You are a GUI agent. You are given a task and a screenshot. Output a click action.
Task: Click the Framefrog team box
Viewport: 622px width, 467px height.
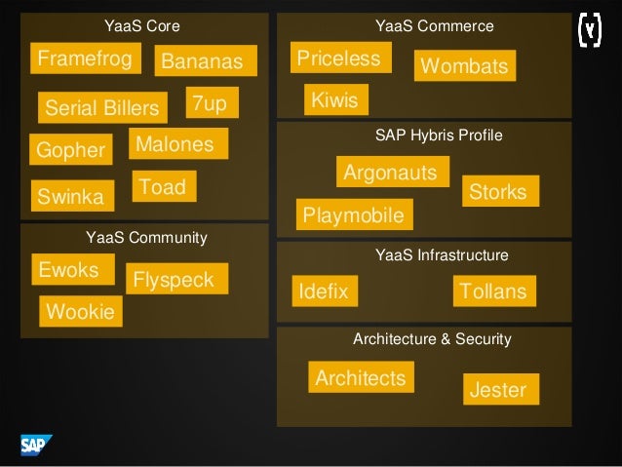coord(86,58)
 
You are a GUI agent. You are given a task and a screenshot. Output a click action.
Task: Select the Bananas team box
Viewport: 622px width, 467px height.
coord(204,61)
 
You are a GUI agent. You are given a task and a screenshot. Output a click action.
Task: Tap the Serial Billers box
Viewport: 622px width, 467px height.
coord(102,108)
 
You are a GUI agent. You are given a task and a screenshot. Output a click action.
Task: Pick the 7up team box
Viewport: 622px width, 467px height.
coord(209,103)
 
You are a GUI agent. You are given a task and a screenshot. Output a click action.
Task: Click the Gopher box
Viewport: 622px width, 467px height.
coord(71,150)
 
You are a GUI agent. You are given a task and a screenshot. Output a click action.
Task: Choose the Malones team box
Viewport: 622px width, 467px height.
coord(177,144)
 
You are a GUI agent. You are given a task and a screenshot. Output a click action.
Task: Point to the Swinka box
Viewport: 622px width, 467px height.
coord(71,197)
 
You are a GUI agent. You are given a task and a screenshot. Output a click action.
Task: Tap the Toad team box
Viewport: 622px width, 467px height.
coord(164,186)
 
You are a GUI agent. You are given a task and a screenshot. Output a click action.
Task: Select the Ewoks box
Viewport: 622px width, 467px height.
coord(68,269)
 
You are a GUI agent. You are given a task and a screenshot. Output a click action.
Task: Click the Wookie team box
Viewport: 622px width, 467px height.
coord(80,312)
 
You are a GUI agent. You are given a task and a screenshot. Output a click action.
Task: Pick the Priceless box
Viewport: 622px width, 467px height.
coord(339,58)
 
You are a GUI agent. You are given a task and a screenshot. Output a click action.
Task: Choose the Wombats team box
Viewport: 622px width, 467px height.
coord(464,66)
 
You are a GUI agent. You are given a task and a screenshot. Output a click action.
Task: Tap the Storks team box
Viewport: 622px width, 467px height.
coord(498,191)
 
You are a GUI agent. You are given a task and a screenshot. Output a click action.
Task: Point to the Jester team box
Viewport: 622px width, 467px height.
coord(498,390)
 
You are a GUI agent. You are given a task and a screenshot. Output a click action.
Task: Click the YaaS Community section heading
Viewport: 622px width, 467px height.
coord(145,237)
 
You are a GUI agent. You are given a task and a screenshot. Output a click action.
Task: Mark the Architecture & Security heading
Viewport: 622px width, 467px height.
coord(432,339)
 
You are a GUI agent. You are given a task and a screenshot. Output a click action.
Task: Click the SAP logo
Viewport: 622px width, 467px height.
coord(36,447)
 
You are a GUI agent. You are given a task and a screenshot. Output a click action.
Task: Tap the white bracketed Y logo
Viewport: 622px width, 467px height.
coord(589,29)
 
